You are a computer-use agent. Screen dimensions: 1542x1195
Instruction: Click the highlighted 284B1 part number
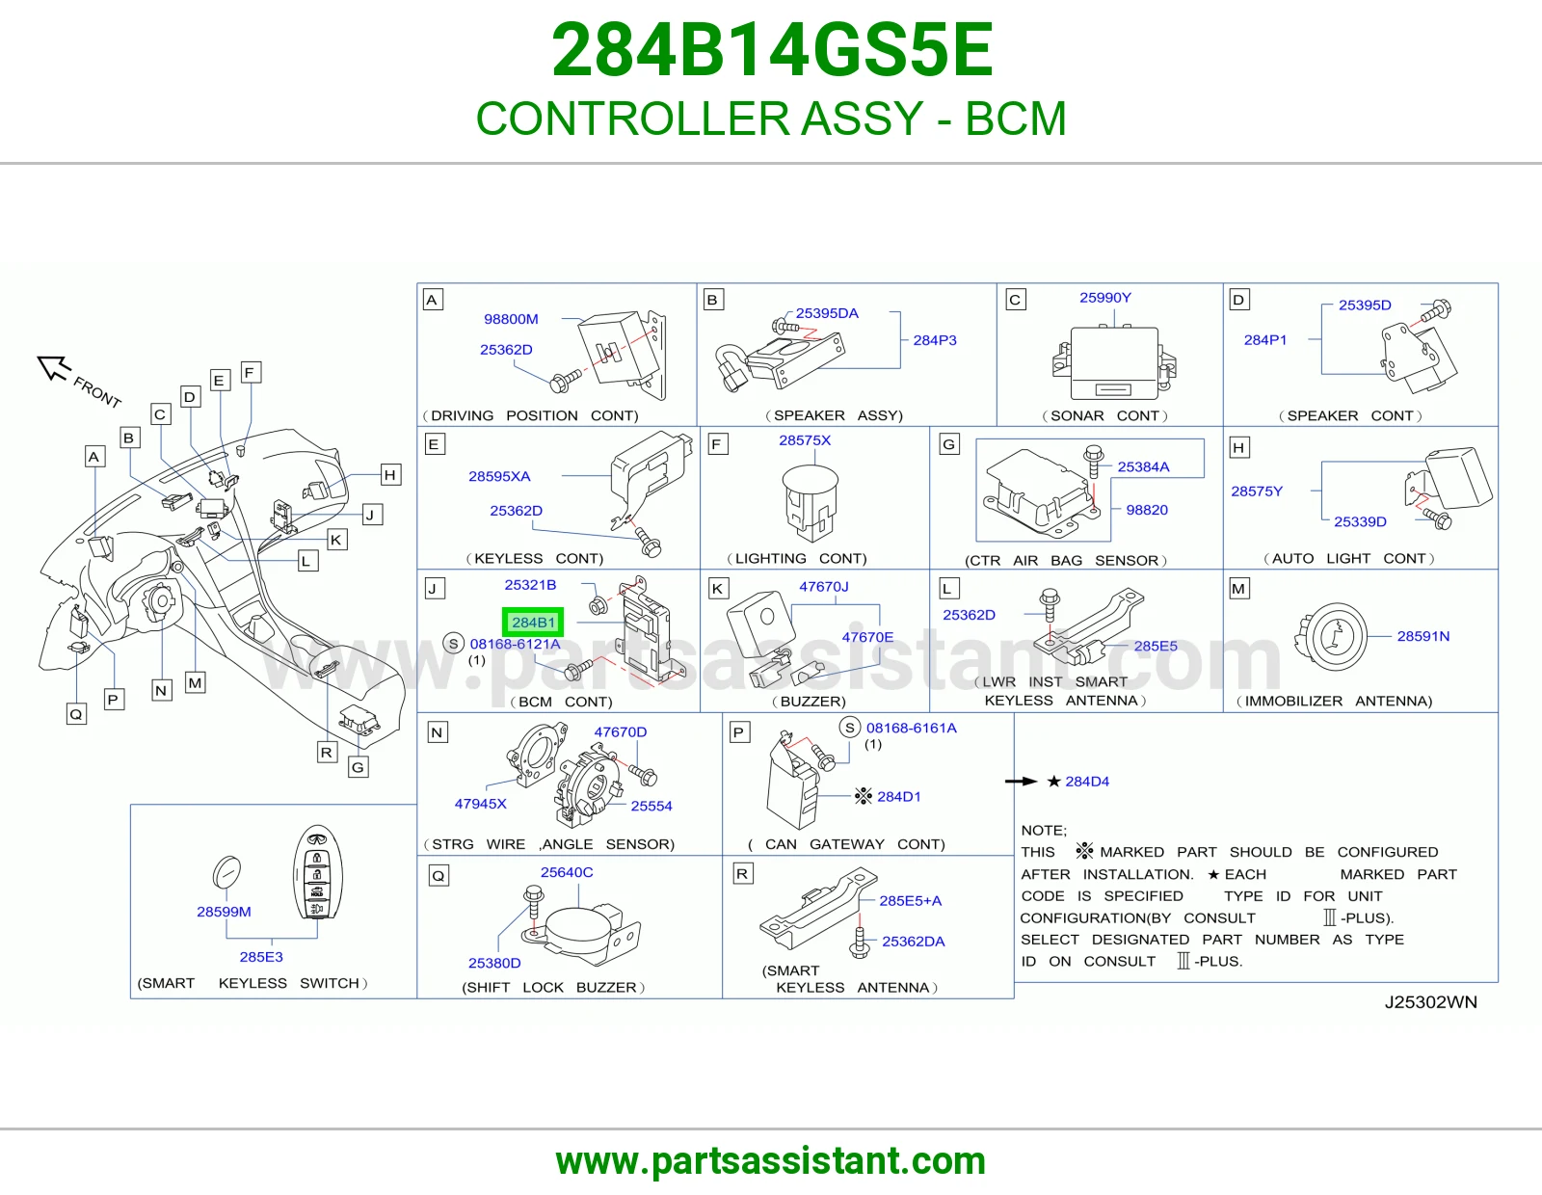tap(533, 623)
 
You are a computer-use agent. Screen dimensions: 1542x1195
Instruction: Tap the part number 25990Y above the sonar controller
tap(1104, 298)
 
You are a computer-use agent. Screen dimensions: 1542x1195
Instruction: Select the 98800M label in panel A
tap(511, 319)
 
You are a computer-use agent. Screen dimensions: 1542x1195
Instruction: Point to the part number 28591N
tap(1422, 636)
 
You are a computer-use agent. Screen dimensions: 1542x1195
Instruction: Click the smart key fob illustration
tap(317, 872)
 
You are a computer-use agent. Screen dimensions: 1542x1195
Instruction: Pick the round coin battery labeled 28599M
tap(226, 871)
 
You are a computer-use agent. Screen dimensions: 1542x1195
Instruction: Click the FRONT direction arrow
tap(54, 367)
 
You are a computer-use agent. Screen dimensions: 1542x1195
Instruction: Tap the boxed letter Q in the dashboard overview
tap(76, 713)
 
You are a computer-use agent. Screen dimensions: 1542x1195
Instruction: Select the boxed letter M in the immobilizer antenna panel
tap(1238, 588)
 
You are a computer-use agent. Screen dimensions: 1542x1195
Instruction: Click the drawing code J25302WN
tap(1430, 1002)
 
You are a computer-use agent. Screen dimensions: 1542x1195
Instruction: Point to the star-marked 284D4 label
tap(1077, 782)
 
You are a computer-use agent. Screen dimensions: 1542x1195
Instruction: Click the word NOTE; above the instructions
tap(1043, 831)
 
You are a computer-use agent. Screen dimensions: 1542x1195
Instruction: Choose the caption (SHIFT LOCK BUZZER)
tap(553, 987)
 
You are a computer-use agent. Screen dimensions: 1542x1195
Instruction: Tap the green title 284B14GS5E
tap(771, 50)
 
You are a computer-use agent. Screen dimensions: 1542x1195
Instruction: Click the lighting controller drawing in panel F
tap(811, 503)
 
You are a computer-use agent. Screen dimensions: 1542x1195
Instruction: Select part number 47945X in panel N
tap(480, 804)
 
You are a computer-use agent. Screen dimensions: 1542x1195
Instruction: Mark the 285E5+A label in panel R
tap(911, 900)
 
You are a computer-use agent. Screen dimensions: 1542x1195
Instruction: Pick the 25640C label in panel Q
tap(567, 872)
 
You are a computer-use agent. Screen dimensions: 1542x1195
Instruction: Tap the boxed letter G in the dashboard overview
tap(358, 767)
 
